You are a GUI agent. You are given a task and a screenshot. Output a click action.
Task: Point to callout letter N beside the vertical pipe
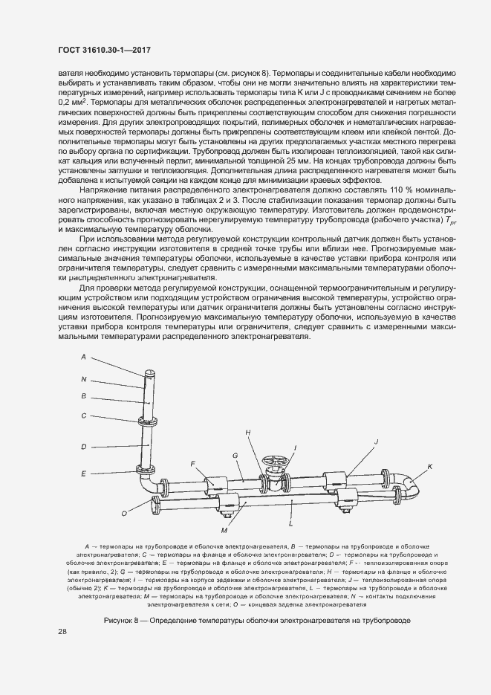(83, 378)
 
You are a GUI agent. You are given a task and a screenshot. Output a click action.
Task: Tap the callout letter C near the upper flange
(84, 416)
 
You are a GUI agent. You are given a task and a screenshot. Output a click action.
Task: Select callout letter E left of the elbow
(84, 473)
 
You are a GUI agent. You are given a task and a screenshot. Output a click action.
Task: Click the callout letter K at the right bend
(429, 467)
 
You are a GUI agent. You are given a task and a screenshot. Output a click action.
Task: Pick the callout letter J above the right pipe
(377, 442)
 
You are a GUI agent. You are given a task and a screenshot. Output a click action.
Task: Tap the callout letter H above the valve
(248, 432)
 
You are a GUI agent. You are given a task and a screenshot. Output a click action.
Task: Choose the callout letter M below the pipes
(223, 529)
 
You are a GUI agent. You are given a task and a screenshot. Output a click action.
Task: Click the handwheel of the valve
(273, 463)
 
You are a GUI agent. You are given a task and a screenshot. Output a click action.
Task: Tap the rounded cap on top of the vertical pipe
(149, 372)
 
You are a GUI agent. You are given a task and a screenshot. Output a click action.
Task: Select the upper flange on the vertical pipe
(149, 421)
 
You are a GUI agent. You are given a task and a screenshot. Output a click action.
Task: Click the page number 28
(62, 632)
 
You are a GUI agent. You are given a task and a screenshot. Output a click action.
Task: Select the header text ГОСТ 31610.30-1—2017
(100, 49)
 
